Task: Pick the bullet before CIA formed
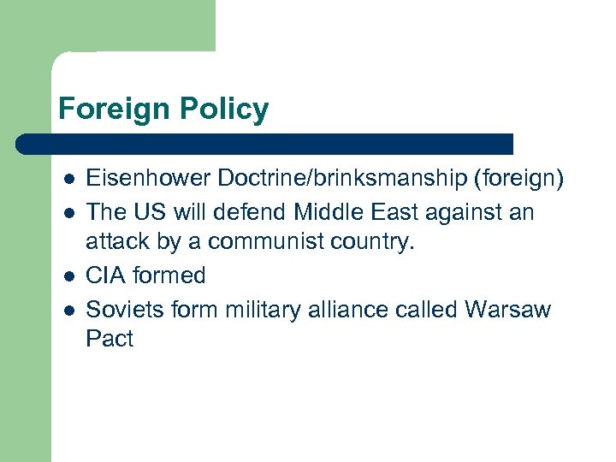point(69,276)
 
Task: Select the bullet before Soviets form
point(69,308)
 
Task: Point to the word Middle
point(319,212)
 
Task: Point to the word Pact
point(110,339)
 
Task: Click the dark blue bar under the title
point(265,144)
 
